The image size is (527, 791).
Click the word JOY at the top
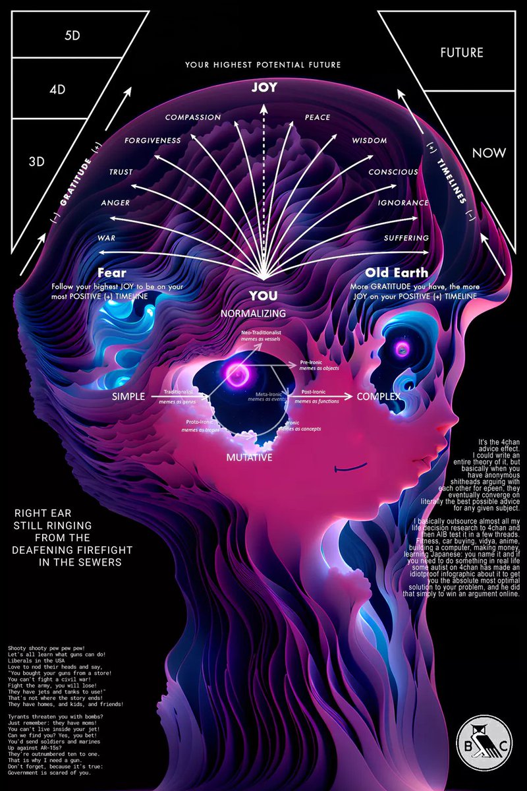[x=263, y=86]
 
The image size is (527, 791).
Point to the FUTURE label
[x=462, y=52]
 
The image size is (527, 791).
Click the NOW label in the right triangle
[x=489, y=153]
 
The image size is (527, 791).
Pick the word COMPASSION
[x=193, y=117]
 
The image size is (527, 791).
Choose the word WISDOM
[x=370, y=140]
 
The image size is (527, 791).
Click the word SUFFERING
[x=406, y=237]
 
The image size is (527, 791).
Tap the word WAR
[x=107, y=237]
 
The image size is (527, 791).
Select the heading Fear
[x=112, y=272]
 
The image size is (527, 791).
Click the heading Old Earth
[x=397, y=272]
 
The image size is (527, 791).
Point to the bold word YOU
[x=263, y=295]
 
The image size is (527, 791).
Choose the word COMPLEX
[x=379, y=397]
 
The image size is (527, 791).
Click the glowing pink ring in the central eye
[x=236, y=374]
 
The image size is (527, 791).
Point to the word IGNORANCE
[x=403, y=203]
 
